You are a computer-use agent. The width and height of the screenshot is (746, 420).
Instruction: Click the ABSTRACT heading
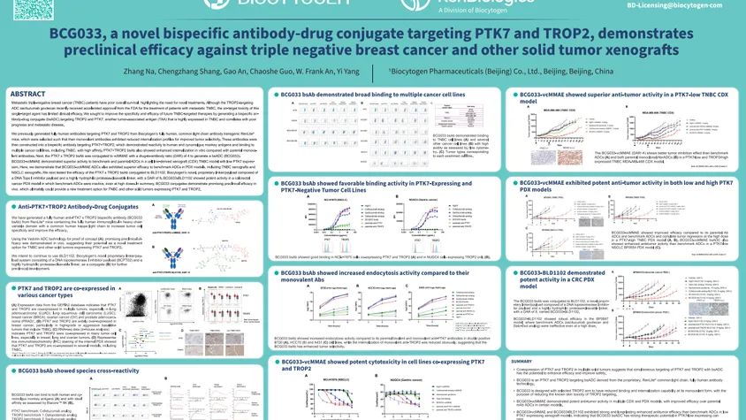pos(27,94)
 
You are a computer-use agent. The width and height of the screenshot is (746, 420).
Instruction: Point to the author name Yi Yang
pos(344,71)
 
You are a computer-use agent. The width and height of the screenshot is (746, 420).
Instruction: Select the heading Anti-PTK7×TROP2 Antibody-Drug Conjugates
pos(80,206)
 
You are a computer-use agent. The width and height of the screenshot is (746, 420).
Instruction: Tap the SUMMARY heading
pos(521,361)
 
